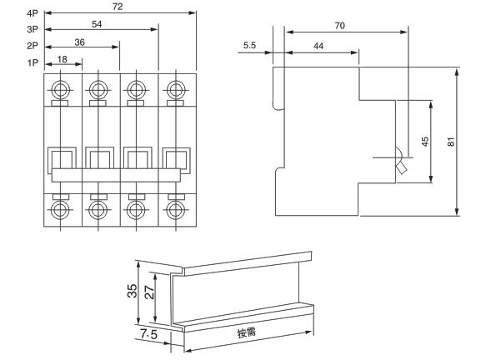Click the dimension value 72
(x=119, y=7)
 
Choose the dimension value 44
(x=318, y=47)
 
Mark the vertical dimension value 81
(x=451, y=142)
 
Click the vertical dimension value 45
(x=424, y=142)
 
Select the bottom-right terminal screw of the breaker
(x=174, y=208)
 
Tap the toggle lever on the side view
(x=401, y=165)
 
